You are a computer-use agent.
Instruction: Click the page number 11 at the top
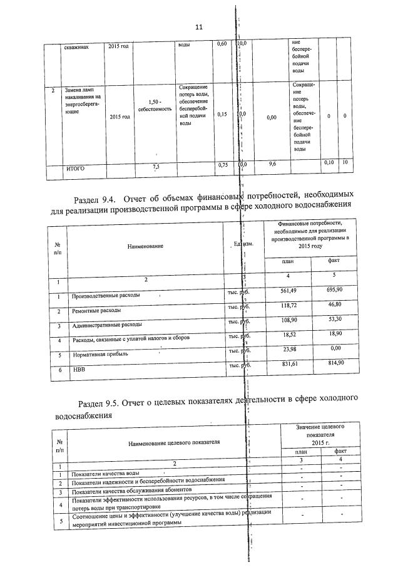(199, 27)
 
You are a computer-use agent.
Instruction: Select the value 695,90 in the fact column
(331, 290)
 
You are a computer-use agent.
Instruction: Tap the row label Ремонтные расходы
(96, 310)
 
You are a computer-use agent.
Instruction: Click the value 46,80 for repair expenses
(331, 305)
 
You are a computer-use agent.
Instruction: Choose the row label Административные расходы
(106, 325)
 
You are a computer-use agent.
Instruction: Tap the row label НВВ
(78, 370)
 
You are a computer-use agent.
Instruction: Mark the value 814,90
(331, 363)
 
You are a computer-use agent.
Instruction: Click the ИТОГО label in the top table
(76, 169)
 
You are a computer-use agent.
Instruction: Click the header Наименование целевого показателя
(174, 442)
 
